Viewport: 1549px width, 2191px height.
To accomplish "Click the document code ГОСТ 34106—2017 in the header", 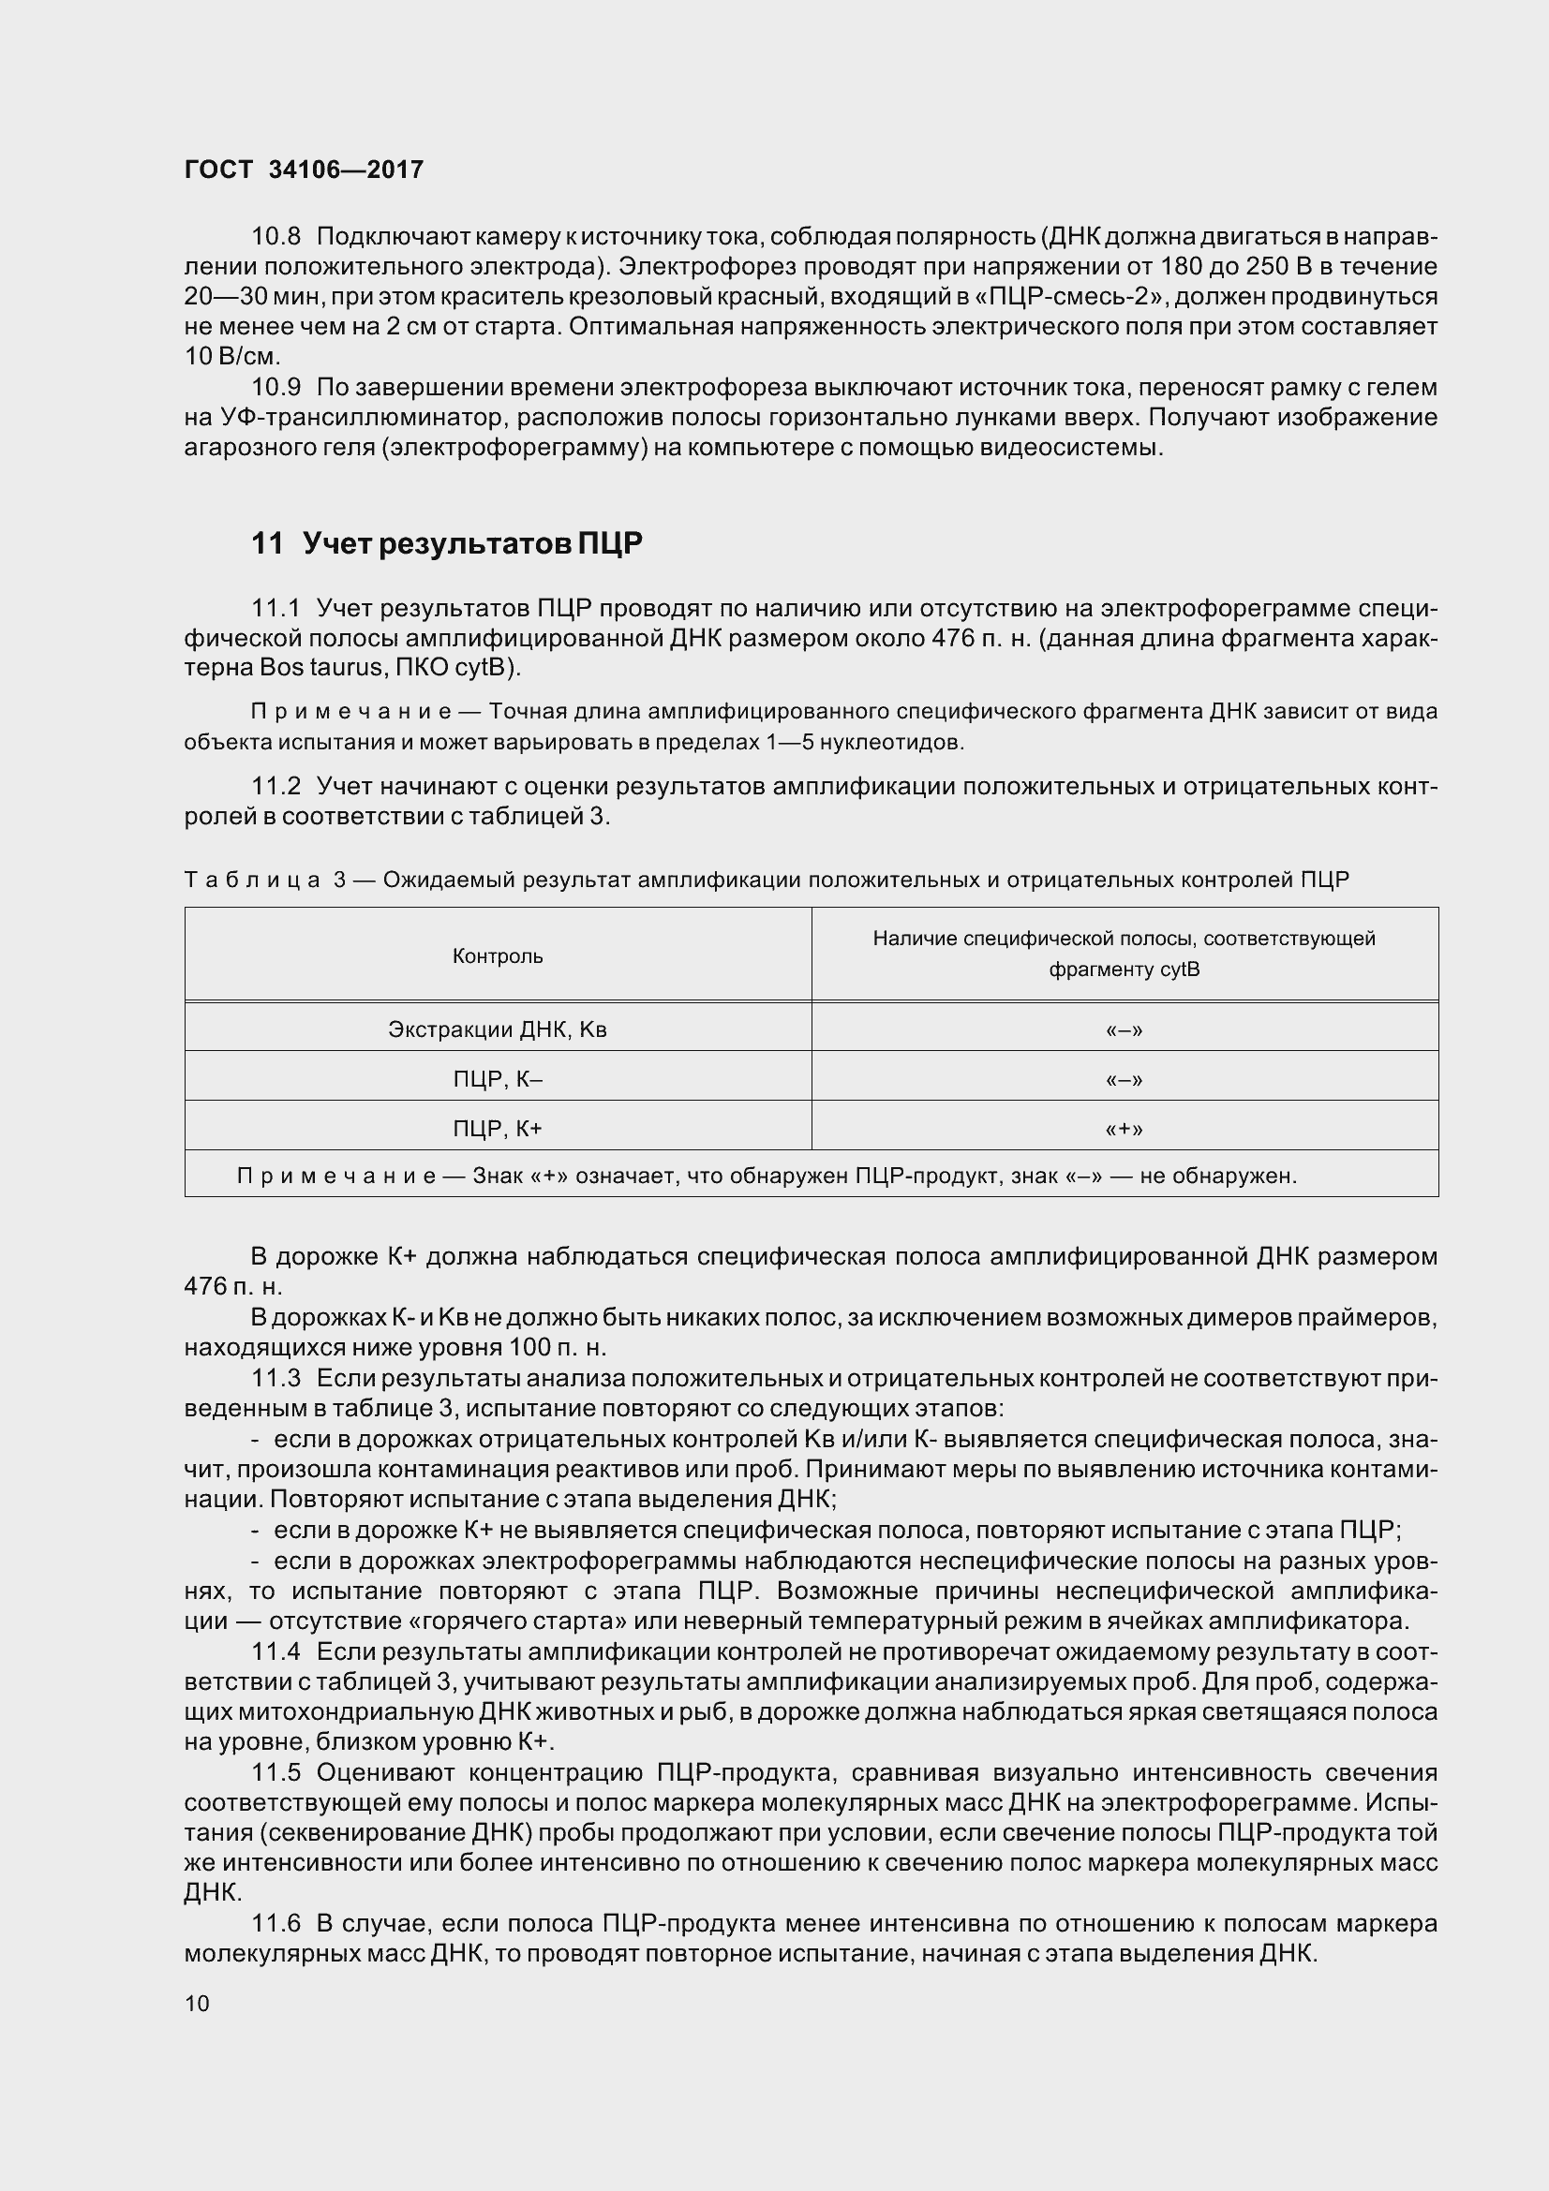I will [304, 170].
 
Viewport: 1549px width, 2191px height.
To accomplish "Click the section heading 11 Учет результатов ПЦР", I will [447, 544].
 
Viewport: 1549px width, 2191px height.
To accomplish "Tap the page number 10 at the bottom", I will [197, 2003].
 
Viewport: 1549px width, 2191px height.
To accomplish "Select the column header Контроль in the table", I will [498, 956].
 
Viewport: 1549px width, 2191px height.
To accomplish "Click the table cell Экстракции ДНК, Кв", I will [498, 1029].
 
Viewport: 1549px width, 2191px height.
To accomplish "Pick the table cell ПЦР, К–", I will [498, 1079].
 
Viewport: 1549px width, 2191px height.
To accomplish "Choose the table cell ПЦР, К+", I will [498, 1129].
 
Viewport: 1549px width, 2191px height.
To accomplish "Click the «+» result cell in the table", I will [1124, 1129].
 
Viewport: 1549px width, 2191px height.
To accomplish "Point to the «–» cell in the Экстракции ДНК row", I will [1124, 1029].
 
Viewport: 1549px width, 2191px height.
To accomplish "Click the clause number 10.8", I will [276, 236].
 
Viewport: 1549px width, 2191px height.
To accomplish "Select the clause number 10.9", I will [276, 388].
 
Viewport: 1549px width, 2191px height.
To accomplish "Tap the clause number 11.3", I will [276, 1378].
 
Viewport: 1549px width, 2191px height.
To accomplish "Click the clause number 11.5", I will [276, 1772].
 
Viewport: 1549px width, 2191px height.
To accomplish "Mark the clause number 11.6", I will [276, 1924].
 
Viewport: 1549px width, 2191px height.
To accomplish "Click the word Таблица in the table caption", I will [252, 880].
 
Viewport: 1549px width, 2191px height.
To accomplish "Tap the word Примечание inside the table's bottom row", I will [336, 1176].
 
